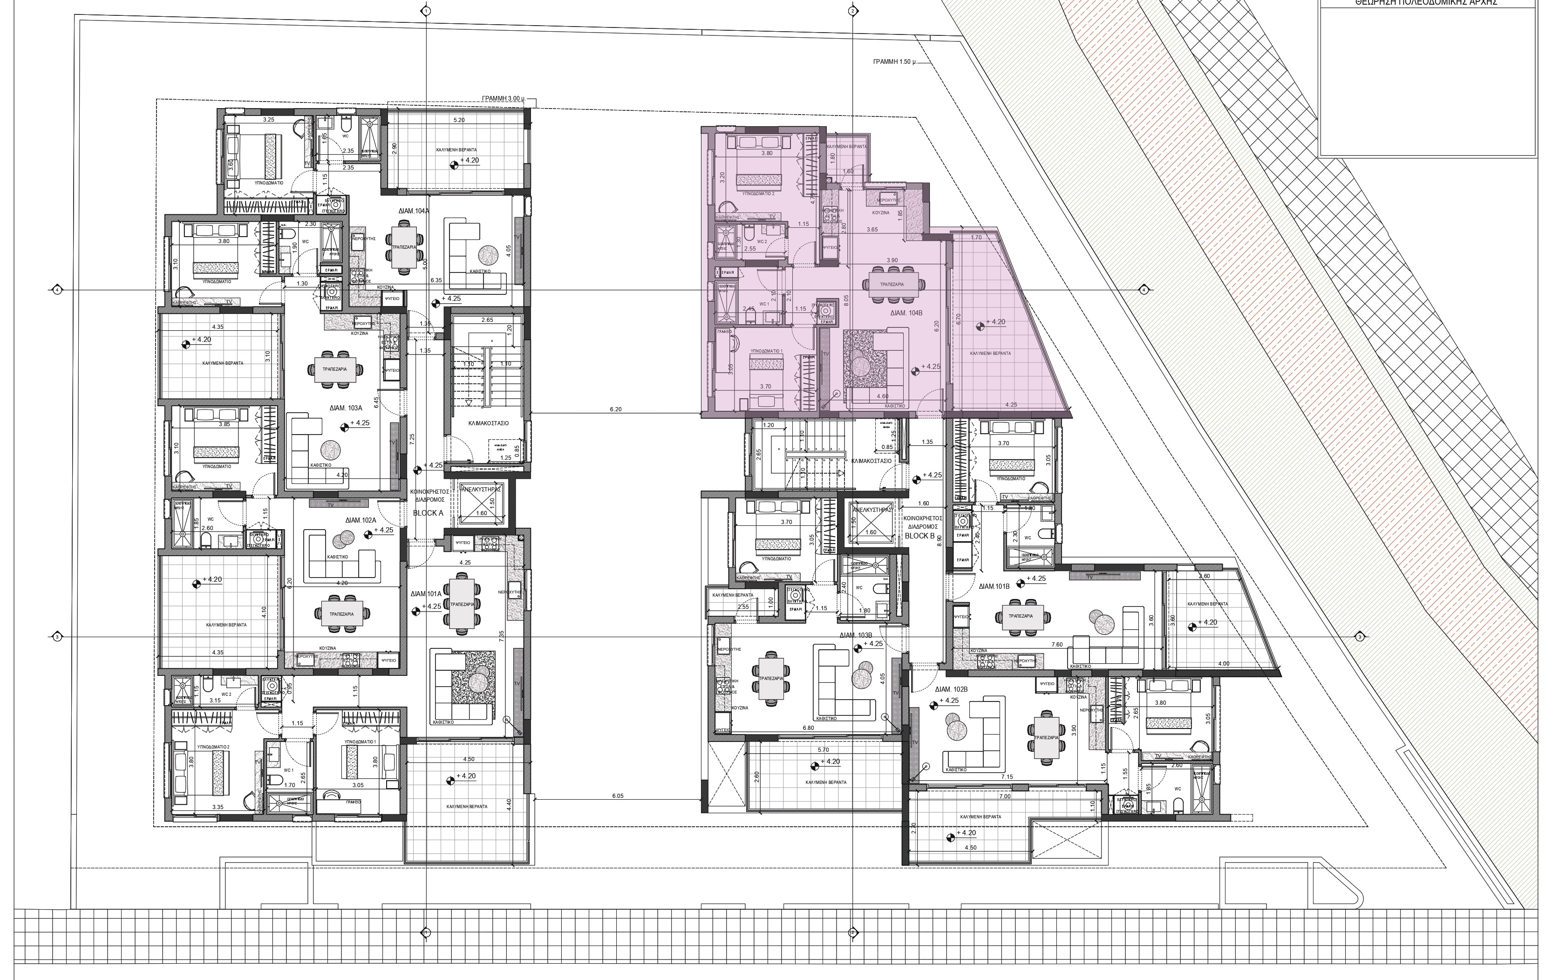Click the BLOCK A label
pos(428,513)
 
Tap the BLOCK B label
pos(920,536)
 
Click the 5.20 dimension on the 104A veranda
pos(459,121)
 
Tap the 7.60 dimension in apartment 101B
pos(1057,644)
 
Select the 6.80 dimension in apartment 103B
pos(808,728)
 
